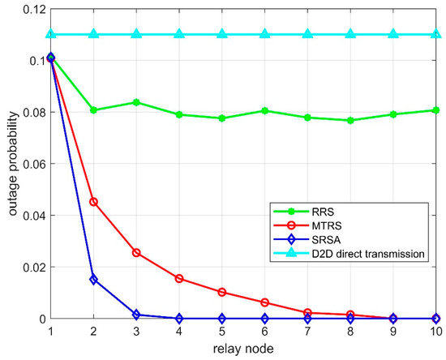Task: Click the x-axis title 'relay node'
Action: click(244, 349)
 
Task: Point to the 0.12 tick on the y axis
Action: click(32, 9)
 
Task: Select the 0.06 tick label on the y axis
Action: click(32, 164)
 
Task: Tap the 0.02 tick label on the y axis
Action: click(32, 267)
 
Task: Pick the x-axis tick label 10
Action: click(435, 332)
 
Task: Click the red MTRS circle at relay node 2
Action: click(93, 202)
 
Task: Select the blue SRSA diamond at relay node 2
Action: click(93, 280)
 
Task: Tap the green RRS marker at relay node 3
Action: click(136, 102)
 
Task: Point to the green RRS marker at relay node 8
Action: click(350, 120)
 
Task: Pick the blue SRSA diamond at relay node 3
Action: click(136, 315)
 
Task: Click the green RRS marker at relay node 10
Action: click(436, 110)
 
